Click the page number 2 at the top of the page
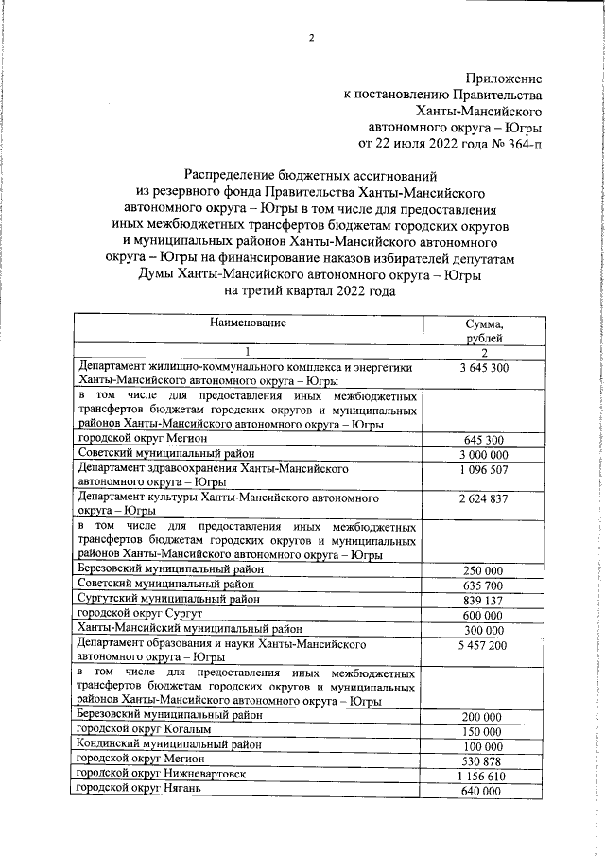tap(310, 38)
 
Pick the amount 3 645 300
tap(485, 367)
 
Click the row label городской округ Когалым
tap(145, 731)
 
